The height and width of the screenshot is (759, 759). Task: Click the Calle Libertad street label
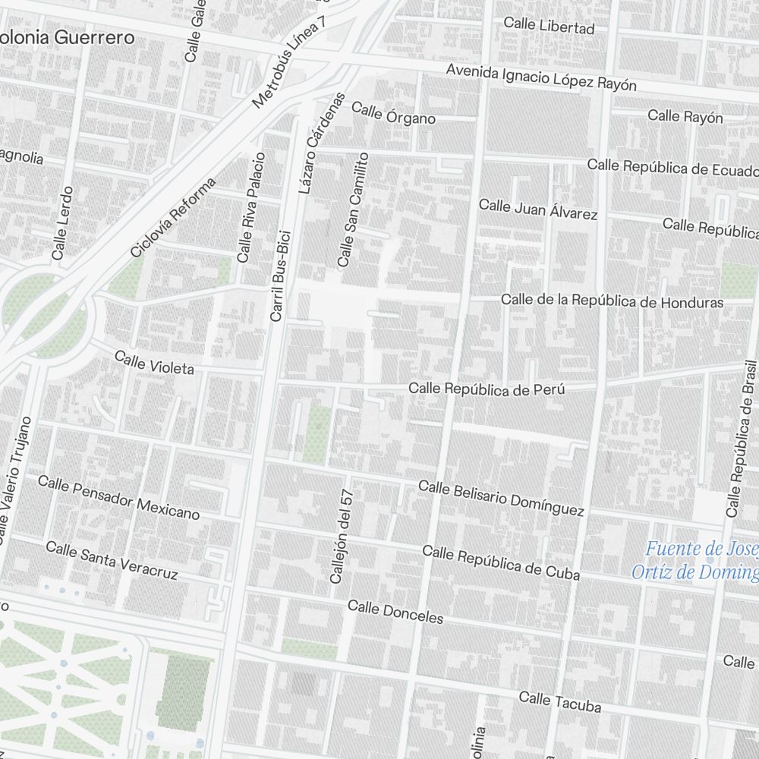click(x=549, y=26)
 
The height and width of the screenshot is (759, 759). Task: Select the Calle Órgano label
click(x=393, y=113)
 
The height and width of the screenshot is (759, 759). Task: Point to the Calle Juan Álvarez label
click(x=537, y=209)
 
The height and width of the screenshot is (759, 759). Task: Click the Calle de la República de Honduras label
click(x=612, y=301)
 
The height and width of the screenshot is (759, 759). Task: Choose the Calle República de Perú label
click(x=487, y=389)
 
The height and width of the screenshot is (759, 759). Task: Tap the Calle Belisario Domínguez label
click(x=501, y=497)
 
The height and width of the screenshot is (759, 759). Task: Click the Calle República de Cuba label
click(x=501, y=562)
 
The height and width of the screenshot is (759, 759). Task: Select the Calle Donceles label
click(x=395, y=611)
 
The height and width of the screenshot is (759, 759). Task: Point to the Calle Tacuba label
click(x=559, y=702)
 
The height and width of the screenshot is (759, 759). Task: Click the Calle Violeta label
click(x=154, y=363)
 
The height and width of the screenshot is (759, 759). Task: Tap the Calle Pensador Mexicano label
click(x=118, y=498)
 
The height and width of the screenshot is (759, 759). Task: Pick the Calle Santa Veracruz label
click(x=112, y=560)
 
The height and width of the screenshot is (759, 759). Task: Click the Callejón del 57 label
click(x=339, y=535)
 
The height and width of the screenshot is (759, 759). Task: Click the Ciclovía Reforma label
click(x=173, y=217)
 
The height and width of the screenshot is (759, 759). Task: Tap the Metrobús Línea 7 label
click(x=290, y=61)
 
